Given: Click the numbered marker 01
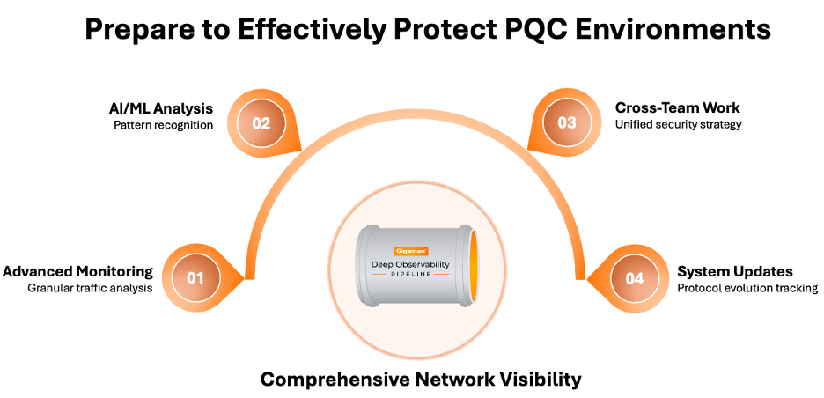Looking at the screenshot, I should (x=195, y=278).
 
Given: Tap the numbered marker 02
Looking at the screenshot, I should (x=261, y=123).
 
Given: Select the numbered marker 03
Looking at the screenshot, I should (x=567, y=123).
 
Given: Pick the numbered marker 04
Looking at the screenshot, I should (x=635, y=278).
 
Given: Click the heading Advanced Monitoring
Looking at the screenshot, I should (x=77, y=271).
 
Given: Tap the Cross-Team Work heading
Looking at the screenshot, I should (x=677, y=108).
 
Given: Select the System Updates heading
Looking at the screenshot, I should (x=734, y=271).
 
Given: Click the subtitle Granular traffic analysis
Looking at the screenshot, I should (x=91, y=288).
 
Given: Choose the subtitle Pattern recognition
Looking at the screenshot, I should (x=163, y=125).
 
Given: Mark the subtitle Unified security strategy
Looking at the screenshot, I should (x=678, y=125).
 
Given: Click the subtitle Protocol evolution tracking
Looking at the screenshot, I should (x=747, y=288).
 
